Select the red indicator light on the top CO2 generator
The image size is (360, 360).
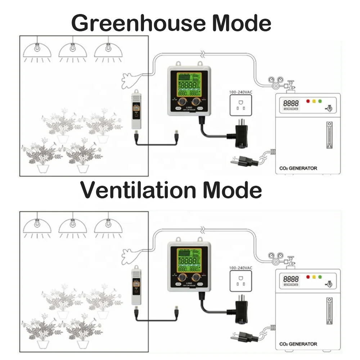[x=307, y=101]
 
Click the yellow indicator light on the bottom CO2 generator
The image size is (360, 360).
[x=314, y=277]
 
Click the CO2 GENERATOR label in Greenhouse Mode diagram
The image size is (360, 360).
[x=298, y=168]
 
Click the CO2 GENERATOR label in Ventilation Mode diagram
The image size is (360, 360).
[x=298, y=344]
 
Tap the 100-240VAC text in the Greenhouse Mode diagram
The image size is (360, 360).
[x=241, y=93]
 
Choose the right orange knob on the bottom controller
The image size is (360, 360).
[x=197, y=276]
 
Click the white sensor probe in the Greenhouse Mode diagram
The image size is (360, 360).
[x=136, y=109]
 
